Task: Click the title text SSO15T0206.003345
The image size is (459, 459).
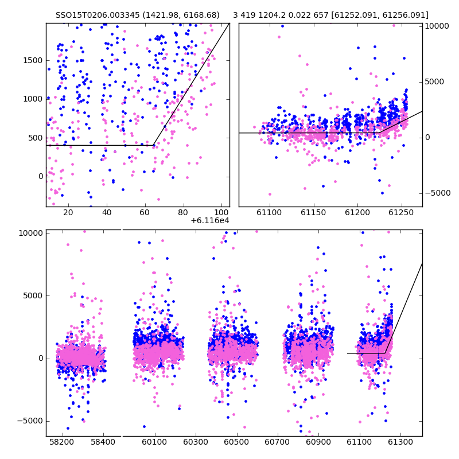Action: click(x=98, y=15)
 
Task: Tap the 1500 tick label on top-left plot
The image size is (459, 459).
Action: click(x=33, y=61)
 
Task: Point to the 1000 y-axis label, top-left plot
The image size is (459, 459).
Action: click(x=33, y=99)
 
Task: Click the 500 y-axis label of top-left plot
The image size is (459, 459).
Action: click(x=36, y=138)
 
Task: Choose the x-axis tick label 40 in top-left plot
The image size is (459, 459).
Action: click(x=107, y=212)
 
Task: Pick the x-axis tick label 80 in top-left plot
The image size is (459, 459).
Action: click(x=183, y=212)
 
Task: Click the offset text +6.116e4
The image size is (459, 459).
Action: click(x=209, y=221)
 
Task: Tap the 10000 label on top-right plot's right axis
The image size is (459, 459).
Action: click(x=437, y=26)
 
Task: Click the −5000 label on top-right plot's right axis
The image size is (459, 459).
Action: click(x=438, y=193)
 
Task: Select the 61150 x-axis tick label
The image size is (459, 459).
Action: click(x=313, y=212)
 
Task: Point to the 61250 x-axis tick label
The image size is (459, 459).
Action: click(x=401, y=212)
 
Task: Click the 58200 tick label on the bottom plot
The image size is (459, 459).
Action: click(x=62, y=442)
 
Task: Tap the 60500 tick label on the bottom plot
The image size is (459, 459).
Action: click(x=236, y=442)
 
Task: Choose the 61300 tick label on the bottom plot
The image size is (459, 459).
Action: click(x=400, y=442)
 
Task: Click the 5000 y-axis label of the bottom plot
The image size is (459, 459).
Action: click(x=33, y=296)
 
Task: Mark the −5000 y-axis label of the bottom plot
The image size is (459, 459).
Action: click(x=30, y=421)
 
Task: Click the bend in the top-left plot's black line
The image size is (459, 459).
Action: click(x=153, y=145)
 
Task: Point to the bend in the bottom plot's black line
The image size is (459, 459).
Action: click(x=384, y=353)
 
